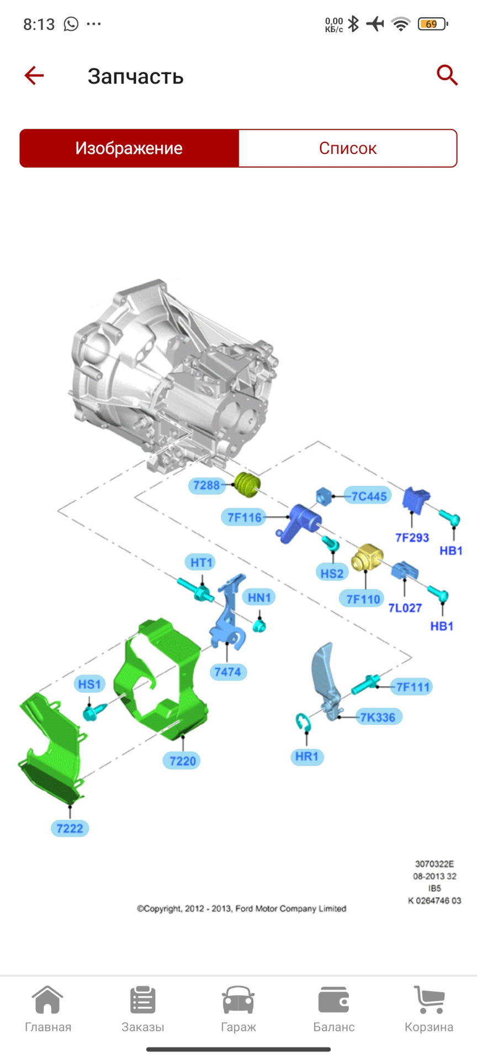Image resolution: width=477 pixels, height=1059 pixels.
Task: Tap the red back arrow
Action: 34,76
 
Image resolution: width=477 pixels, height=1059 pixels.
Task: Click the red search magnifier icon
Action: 447,75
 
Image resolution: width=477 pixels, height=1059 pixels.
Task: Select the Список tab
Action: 347,148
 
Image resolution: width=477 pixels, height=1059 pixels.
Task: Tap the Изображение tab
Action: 129,148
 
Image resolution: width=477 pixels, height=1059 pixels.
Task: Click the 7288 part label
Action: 206,485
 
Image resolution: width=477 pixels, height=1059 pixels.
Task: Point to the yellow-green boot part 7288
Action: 247,484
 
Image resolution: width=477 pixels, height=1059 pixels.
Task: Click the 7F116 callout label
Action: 245,517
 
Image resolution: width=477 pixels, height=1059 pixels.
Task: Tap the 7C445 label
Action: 369,496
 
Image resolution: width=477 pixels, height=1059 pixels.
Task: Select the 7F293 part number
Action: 412,537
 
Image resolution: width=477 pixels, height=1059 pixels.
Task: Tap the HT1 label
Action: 201,563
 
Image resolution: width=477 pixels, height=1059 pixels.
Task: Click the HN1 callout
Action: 259,597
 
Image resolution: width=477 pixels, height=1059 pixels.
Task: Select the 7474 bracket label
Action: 227,672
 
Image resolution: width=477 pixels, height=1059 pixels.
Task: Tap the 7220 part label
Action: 182,761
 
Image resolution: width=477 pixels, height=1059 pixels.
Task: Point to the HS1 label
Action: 89,684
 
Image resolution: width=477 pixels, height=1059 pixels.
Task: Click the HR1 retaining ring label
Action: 306,756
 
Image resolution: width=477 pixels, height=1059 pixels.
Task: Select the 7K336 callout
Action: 378,717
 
